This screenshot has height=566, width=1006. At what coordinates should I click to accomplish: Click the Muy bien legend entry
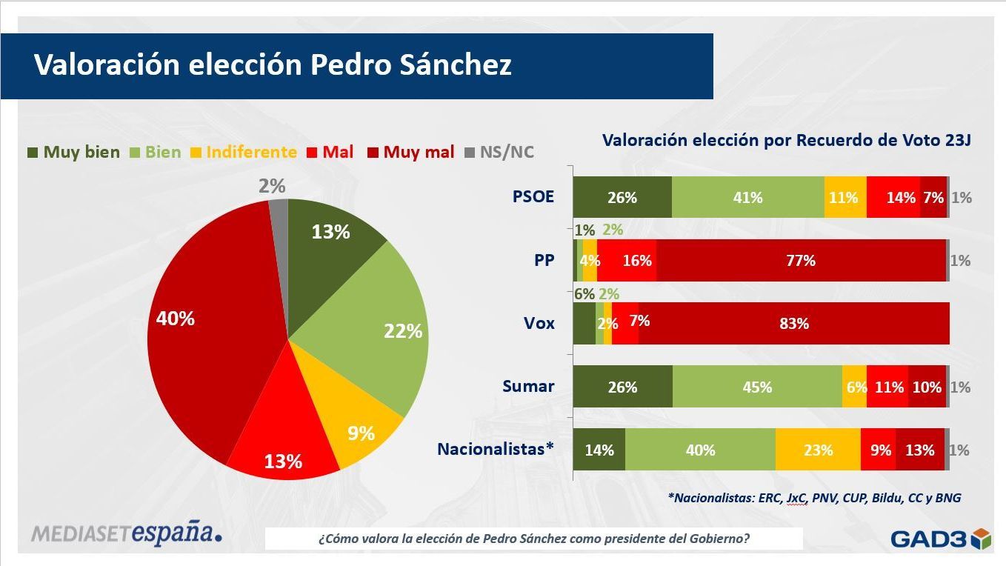73,153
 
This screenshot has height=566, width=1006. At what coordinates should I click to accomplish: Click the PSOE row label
533,197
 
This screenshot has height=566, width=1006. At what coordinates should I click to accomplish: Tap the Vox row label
539,323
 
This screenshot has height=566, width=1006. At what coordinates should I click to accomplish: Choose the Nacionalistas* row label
496,449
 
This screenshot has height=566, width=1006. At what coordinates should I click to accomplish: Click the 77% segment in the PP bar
800,261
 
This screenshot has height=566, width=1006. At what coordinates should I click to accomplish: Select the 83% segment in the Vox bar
793,324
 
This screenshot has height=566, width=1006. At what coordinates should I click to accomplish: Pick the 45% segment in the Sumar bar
757,387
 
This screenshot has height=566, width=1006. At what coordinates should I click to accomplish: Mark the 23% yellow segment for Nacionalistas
818,450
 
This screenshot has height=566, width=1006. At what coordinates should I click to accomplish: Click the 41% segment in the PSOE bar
747,198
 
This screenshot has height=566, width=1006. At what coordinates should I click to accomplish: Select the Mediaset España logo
126,532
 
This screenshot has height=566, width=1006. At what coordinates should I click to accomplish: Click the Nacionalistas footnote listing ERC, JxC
814,498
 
